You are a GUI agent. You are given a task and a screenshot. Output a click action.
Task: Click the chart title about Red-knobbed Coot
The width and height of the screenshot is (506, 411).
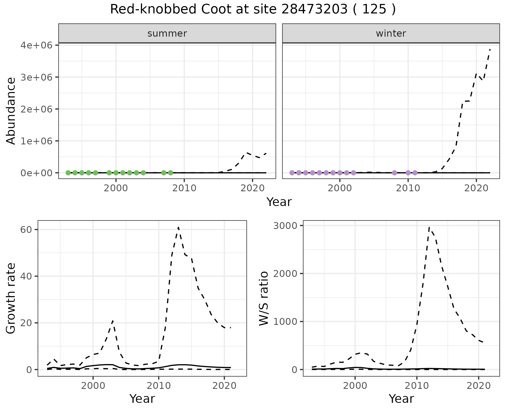tap(253, 10)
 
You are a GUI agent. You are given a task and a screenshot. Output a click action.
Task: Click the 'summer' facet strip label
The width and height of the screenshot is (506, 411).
tap(167, 33)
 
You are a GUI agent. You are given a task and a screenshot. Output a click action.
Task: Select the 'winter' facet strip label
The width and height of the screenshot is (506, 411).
tap(391, 33)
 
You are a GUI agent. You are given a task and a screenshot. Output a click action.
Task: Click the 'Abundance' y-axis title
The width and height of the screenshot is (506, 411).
tap(11, 111)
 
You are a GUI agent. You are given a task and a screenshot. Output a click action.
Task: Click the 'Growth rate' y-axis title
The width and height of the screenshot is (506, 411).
tap(11, 298)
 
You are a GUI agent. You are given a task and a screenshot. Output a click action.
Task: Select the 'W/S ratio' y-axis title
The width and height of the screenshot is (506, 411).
tap(264, 298)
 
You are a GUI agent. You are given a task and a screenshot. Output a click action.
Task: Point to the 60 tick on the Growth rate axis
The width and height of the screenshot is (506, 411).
tap(26, 229)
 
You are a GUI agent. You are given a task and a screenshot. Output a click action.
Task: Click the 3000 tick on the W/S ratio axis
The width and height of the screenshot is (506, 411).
tap(285, 226)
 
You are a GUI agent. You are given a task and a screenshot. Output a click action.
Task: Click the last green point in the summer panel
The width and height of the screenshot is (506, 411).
tap(171, 173)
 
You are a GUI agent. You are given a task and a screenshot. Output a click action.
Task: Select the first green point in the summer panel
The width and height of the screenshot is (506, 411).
tap(68, 173)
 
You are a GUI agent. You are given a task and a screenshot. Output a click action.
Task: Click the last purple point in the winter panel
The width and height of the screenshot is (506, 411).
tap(415, 173)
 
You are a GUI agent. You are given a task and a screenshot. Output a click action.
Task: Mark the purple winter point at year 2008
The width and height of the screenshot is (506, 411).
tap(394, 173)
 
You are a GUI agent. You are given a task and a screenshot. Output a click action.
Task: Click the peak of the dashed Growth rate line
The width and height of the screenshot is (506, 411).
tap(178, 227)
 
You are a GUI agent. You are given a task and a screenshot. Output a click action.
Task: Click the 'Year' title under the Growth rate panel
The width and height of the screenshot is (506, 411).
tap(142, 399)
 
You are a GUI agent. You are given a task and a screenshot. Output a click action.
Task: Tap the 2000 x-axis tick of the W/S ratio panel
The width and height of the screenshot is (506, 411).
tap(355, 386)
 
